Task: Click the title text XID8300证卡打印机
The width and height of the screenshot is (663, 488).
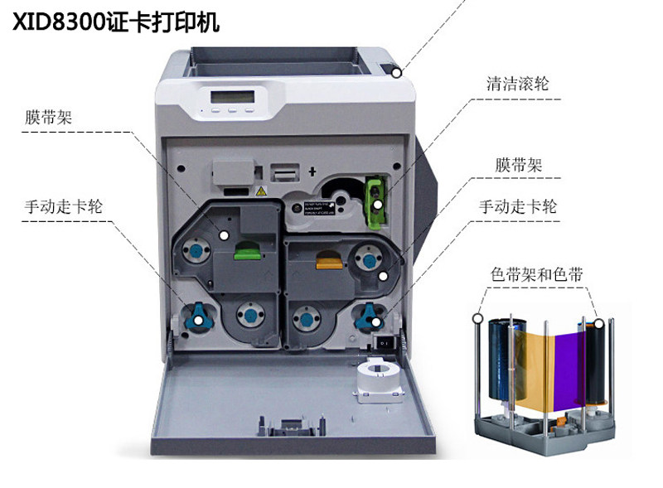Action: [115, 22]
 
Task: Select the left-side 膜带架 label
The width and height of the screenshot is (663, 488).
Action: [48, 118]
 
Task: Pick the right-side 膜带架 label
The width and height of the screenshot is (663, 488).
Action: [519, 165]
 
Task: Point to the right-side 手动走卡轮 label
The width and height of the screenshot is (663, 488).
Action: [518, 207]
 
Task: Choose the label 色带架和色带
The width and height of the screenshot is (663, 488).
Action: [536, 274]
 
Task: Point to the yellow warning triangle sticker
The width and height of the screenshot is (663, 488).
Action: [261, 191]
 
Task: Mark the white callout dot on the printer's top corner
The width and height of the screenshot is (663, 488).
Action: [398, 73]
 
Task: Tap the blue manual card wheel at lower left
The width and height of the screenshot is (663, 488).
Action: [198, 316]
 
